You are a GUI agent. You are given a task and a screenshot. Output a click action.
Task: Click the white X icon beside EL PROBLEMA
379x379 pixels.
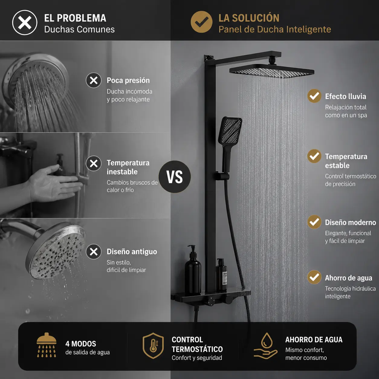click(24, 23)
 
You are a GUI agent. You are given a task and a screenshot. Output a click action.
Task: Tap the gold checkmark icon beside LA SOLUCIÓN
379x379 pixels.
click(201, 22)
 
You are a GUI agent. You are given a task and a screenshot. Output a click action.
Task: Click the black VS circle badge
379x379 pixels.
click(175, 177)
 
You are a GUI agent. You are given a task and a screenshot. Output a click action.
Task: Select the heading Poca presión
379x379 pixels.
click(128, 80)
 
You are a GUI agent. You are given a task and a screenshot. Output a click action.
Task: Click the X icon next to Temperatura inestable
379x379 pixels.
click(94, 164)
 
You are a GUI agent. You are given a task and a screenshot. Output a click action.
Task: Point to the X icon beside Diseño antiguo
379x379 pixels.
click(94, 252)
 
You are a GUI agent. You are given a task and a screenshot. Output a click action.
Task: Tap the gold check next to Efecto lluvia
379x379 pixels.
click(314, 96)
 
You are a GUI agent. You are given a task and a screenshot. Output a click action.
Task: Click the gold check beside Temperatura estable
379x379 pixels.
click(314, 156)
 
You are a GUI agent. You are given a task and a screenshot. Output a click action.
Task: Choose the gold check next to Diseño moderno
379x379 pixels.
click(314, 222)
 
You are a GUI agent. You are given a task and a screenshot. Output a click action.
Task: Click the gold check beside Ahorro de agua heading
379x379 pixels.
click(314, 277)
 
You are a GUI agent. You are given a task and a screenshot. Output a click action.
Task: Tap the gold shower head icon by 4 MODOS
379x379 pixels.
click(47, 345)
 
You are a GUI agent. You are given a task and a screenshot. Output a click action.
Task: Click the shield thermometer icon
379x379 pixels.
click(153, 345)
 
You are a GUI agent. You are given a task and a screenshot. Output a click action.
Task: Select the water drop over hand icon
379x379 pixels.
click(266, 346)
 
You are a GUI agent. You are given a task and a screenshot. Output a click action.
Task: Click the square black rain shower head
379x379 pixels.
click(272, 71)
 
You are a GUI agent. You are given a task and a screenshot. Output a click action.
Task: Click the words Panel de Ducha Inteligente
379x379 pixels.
click(275, 30)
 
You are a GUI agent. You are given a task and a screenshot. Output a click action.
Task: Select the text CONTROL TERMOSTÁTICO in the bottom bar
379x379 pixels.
click(197, 344)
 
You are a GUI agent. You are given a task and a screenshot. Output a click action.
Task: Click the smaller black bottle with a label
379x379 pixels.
click(222, 275)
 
